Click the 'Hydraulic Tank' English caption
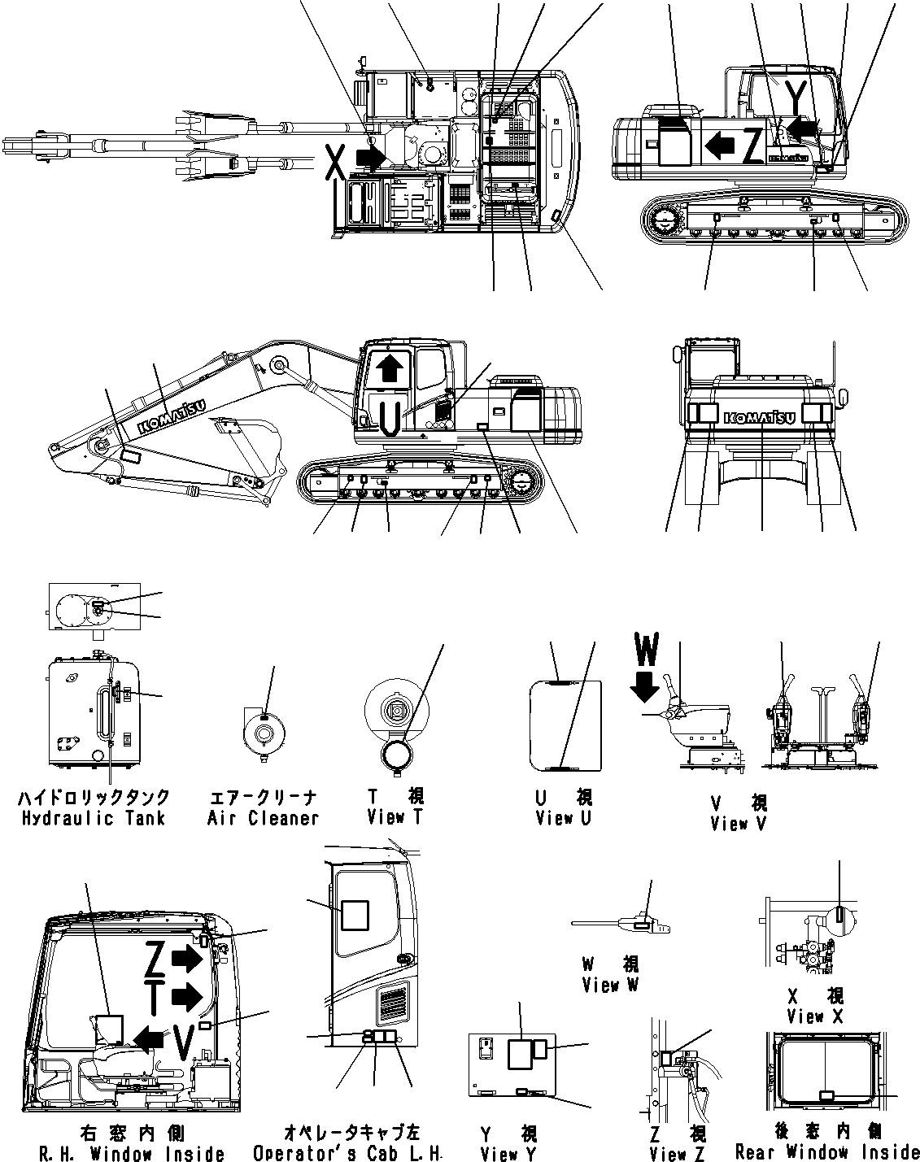coord(94,818)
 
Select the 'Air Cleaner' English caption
coord(262,818)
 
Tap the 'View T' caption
coord(395,817)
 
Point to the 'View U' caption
coord(564,819)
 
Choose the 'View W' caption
coord(610,985)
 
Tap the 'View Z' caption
coord(678,1153)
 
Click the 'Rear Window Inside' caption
coord(826,1151)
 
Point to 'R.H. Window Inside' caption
coord(132,1153)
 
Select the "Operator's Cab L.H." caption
coord(347,1153)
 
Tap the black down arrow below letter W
coord(645,688)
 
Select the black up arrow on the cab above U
coord(390,367)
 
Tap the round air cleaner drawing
coord(264,732)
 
